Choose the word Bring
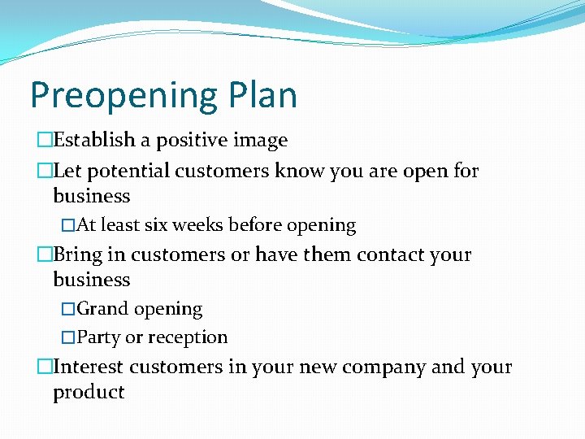click(78, 255)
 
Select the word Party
click(97, 337)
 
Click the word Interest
click(89, 367)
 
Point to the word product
click(89, 393)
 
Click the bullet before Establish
click(45, 141)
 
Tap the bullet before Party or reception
click(68, 337)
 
